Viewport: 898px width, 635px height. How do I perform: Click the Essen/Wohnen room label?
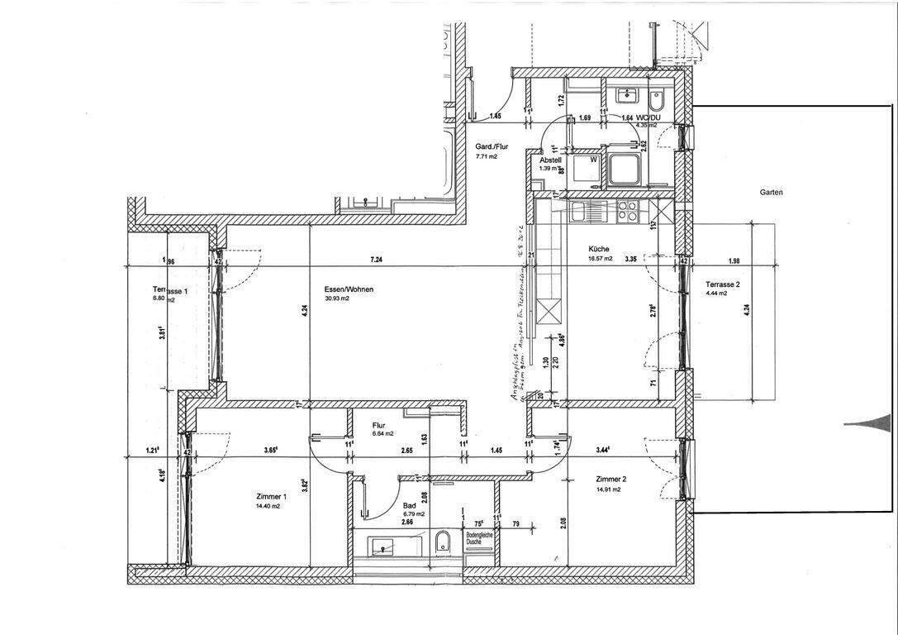coord(349,289)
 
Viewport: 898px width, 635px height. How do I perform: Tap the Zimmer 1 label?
coord(272,496)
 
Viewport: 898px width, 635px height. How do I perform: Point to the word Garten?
coord(771,192)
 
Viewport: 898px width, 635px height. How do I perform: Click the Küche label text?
coord(599,249)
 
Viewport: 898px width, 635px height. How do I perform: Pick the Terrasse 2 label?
coord(722,284)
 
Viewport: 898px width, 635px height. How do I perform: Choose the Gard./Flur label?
coord(491,146)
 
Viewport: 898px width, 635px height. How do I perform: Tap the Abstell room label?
coord(551,160)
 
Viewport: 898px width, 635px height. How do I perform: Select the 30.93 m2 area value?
coord(338,298)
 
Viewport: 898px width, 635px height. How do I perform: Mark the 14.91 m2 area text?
coord(606,489)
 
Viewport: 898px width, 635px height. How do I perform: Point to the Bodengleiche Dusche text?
coord(479,538)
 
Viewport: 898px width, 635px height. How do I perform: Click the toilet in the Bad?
coord(443,542)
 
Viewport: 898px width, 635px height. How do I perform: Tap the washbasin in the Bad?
coord(383,545)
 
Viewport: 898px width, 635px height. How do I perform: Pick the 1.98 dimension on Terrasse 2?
coord(735,260)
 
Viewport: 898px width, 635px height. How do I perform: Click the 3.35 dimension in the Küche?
coord(630,259)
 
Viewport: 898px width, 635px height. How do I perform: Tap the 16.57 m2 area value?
coord(600,258)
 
